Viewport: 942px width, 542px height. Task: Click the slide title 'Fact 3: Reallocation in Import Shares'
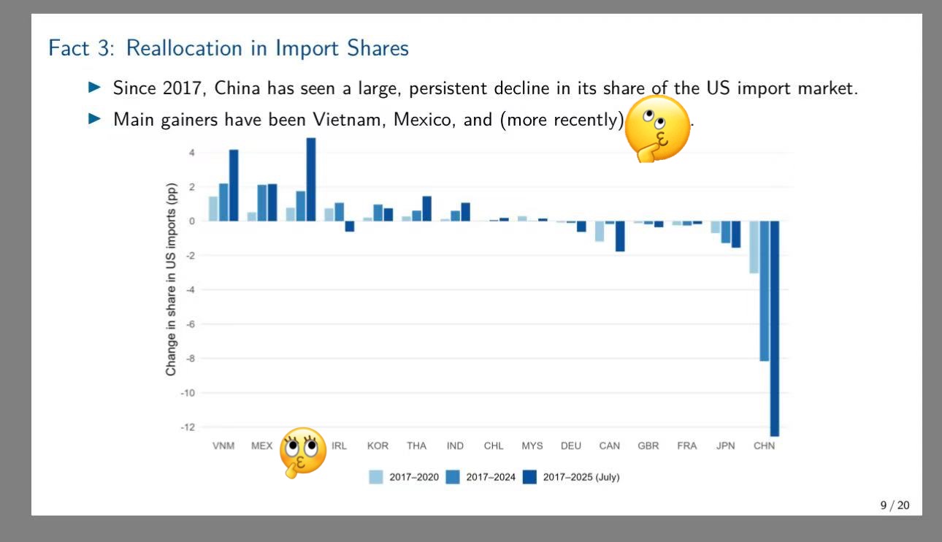[x=228, y=48]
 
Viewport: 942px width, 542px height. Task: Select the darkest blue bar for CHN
[x=774, y=328]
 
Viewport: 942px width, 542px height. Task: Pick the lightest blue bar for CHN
[x=754, y=247]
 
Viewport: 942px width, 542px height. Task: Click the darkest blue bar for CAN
[x=620, y=236]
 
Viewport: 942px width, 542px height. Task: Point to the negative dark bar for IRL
[x=349, y=226]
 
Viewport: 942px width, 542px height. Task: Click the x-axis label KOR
[x=378, y=446]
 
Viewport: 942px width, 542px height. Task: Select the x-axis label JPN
[x=725, y=446]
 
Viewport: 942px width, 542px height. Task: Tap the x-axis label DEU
[x=571, y=446]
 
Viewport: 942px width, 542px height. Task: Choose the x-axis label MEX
[x=261, y=446]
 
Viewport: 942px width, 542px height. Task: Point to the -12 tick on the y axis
[x=189, y=427]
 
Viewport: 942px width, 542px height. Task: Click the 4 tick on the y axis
[x=192, y=153]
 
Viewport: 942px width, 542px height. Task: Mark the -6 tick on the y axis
[x=190, y=324]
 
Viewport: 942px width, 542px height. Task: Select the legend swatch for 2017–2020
[x=375, y=477]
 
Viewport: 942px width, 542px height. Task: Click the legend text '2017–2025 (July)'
[x=581, y=477]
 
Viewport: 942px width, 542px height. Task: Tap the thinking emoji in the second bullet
[x=657, y=128]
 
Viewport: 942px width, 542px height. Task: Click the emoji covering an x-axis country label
[x=303, y=451]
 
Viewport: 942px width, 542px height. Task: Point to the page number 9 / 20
[x=895, y=505]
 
